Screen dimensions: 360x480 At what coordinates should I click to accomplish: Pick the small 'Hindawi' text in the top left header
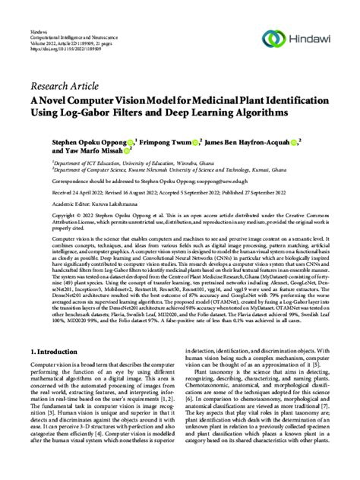click(38, 16)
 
